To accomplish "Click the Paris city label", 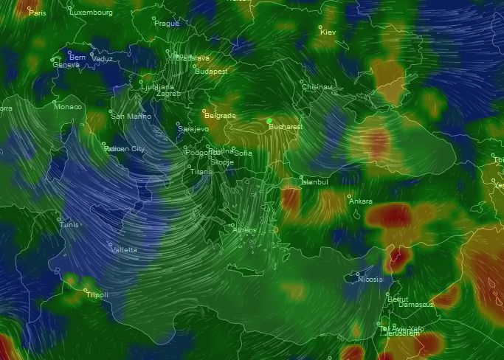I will coord(37,13).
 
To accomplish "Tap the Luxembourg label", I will coord(92,13).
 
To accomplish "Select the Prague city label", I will coord(167,23).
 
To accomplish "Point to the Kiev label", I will coord(328,32).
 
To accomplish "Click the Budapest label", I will coord(211,72).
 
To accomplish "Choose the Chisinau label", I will coord(317,86).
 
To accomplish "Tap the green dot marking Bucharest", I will coord(269,120).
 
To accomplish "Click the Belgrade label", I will coord(220,116).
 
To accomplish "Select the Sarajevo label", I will coord(194,129).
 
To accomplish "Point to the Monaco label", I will coord(68,107).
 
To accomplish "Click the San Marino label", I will coord(128,116).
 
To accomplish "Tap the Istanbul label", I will coord(314,181).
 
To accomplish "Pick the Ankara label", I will coord(361,201).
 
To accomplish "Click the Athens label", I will coord(245,230).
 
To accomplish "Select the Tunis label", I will coord(69,224).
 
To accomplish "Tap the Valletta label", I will coord(124,250).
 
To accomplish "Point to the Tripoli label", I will coord(97,295).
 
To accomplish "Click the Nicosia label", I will coord(370,280).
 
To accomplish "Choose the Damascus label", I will coord(417,304).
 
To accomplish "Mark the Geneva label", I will coord(66,65).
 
